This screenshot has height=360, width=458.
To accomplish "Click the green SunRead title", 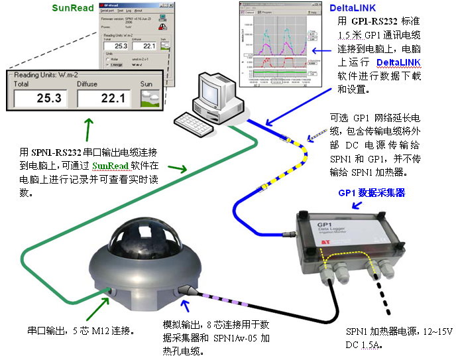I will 74,8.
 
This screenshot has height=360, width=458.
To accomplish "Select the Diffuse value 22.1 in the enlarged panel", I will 103,99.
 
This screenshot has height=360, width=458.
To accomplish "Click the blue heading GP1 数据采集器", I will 371,193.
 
